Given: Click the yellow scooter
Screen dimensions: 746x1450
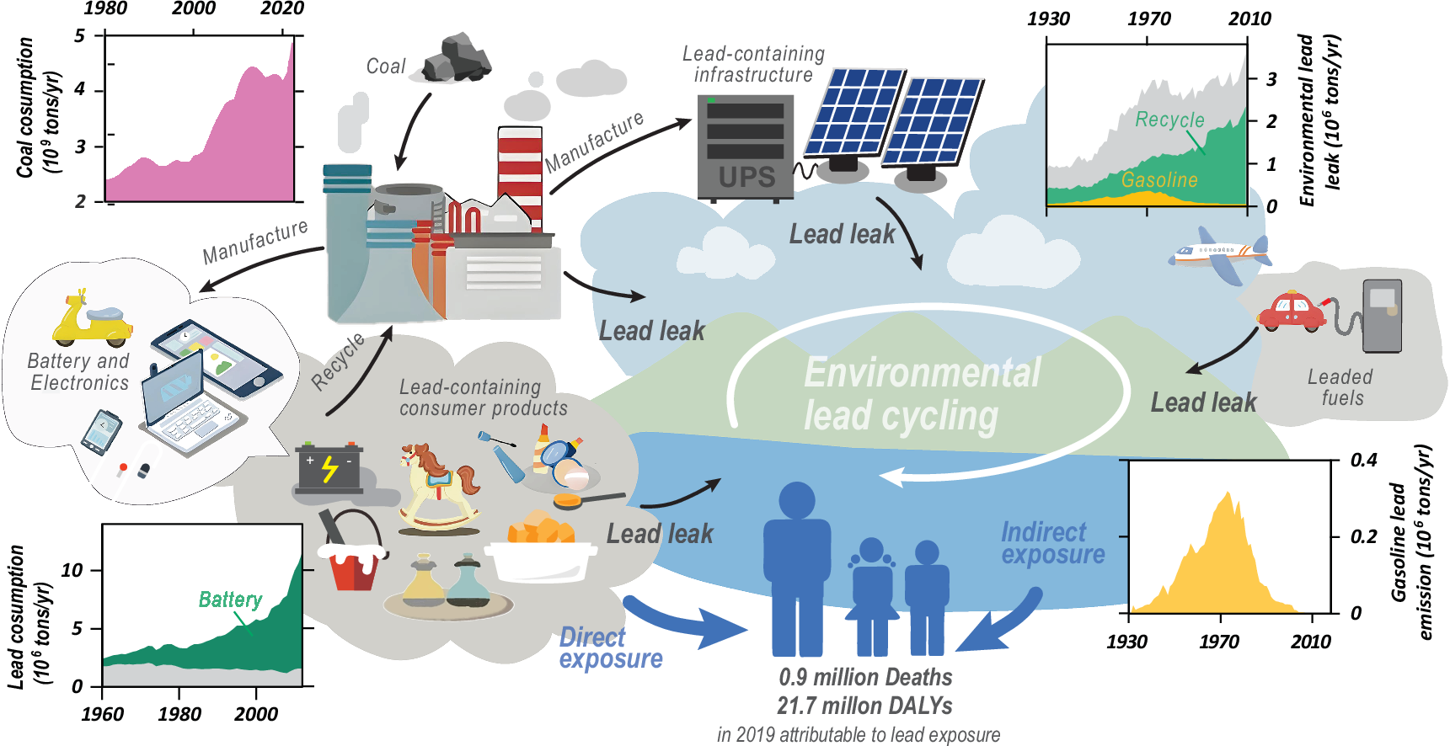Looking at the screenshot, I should click(x=90, y=320).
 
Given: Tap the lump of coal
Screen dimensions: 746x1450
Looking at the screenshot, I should click(x=456, y=58).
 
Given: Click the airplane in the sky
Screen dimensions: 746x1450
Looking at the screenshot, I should click(x=1219, y=254).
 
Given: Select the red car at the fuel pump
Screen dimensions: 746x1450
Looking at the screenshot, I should click(x=1290, y=311).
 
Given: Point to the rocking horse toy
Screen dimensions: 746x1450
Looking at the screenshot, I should click(x=438, y=488).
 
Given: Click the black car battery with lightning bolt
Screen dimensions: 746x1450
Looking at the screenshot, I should click(x=329, y=468).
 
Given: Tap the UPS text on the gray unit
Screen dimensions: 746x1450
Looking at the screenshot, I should click(x=746, y=177).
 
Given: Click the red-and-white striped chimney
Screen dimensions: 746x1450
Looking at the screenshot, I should click(x=520, y=173).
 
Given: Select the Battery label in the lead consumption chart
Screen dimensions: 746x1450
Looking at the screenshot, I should click(x=230, y=599).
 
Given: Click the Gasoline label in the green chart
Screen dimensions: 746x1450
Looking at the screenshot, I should click(x=1158, y=180).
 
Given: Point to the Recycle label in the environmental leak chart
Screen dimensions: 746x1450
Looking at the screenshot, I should click(x=1169, y=120).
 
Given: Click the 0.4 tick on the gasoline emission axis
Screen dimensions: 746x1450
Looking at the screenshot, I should click(x=1363, y=461).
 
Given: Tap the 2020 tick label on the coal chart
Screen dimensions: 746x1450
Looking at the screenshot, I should click(x=281, y=9).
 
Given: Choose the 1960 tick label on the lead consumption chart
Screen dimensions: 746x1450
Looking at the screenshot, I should click(x=103, y=714).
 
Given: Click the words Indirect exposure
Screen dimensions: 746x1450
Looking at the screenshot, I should click(x=1052, y=543).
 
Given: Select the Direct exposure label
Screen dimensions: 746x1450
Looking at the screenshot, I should click(x=610, y=647).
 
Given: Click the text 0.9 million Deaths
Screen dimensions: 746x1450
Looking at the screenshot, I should click(x=865, y=677).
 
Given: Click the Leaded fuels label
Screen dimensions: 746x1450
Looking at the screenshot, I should click(x=1340, y=387).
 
